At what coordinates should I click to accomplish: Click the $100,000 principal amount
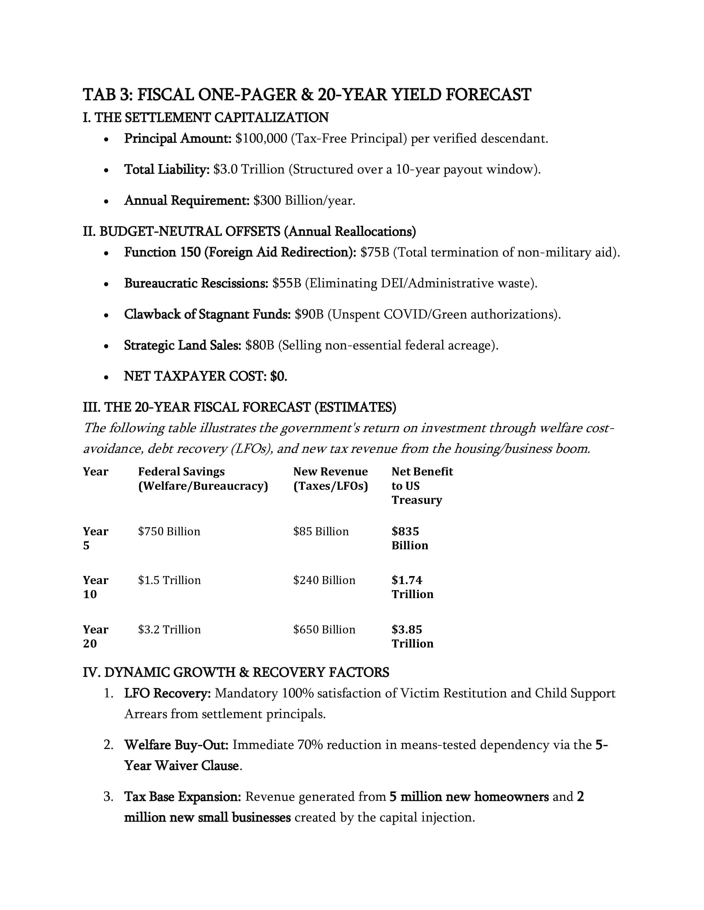click(261, 138)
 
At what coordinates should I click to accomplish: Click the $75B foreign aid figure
click(375, 253)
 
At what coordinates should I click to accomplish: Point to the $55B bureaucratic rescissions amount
click(287, 283)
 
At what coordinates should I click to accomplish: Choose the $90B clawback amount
click(309, 314)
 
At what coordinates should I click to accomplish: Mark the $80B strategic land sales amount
click(260, 346)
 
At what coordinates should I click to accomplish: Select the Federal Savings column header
click(203, 479)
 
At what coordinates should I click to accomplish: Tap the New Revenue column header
click(330, 479)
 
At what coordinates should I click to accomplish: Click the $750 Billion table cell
click(169, 531)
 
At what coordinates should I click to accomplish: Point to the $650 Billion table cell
click(324, 629)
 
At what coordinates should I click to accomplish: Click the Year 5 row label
click(95, 538)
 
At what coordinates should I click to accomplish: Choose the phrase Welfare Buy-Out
click(176, 745)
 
